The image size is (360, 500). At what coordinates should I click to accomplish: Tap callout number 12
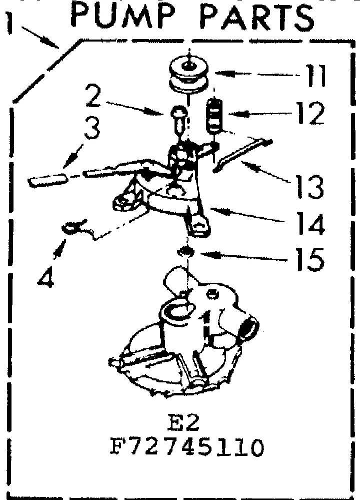click(x=309, y=114)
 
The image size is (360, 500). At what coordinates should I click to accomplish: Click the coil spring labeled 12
click(x=214, y=115)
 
